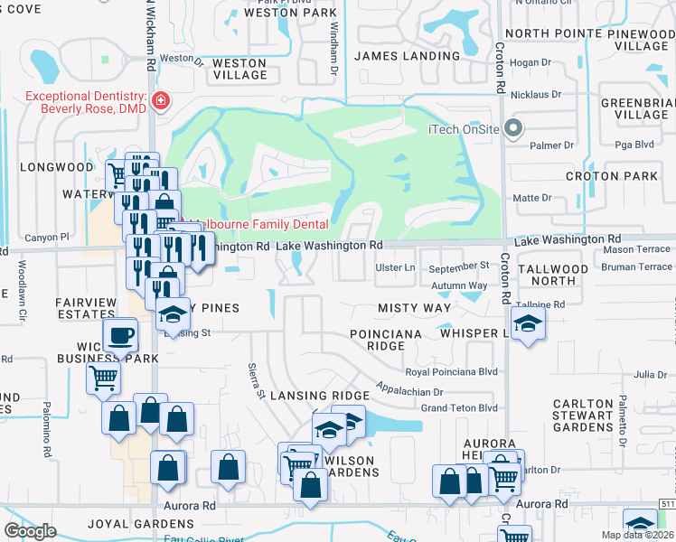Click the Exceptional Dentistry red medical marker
click(x=161, y=100)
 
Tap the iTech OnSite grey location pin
click(x=513, y=128)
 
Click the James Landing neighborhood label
click(x=407, y=56)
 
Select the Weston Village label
click(x=239, y=69)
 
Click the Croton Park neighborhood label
click(x=612, y=176)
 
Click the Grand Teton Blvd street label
click(x=460, y=408)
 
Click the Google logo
click(x=30, y=531)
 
